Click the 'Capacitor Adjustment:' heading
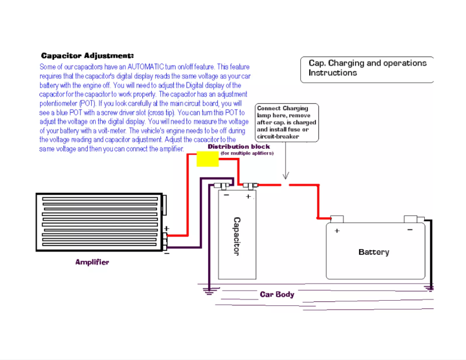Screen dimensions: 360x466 [x=88, y=56]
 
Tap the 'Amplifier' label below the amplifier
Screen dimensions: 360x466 [x=92, y=262]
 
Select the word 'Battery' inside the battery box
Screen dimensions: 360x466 [x=374, y=252]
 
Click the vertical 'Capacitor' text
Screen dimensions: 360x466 [x=237, y=236]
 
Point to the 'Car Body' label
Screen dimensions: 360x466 [x=277, y=294]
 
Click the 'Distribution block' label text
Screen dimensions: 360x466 [x=239, y=147]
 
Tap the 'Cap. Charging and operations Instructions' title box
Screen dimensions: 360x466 [x=367, y=69]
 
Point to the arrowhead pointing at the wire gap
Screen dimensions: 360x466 [x=285, y=177]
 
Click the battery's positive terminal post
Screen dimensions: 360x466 [x=337, y=218]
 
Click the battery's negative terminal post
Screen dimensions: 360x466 [x=411, y=218]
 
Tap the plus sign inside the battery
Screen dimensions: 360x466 [x=336, y=231]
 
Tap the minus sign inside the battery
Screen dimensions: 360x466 [x=410, y=230]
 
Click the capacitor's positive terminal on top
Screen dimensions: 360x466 [x=250, y=186]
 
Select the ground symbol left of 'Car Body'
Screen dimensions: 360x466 [x=206, y=290]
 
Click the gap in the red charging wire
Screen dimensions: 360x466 [x=285, y=185]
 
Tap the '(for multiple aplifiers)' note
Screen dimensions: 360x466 [x=246, y=153]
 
